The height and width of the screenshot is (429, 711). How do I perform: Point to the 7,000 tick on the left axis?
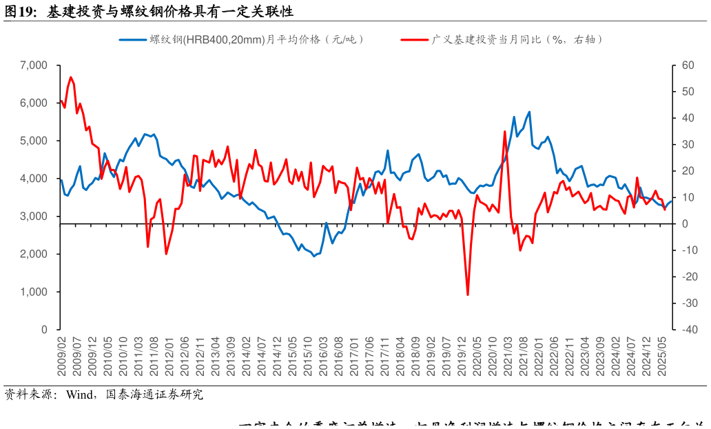(34, 66)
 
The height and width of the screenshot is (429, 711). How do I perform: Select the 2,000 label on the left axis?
(34, 255)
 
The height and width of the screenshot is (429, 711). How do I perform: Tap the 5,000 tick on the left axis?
(34, 141)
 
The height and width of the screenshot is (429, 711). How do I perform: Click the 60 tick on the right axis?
(687, 66)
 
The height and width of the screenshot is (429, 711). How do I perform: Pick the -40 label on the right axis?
(687, 330)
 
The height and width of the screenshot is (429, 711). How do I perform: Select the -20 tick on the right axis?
(687, 277)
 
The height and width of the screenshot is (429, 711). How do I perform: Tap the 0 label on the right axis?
(685, 224)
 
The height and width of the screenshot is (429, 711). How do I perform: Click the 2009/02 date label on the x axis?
(61, 356)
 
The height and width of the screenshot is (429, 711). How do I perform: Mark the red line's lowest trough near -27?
(468, 295)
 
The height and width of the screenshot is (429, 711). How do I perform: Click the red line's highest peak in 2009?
(71, 77)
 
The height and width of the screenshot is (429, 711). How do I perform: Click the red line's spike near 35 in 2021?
(505, 132)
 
